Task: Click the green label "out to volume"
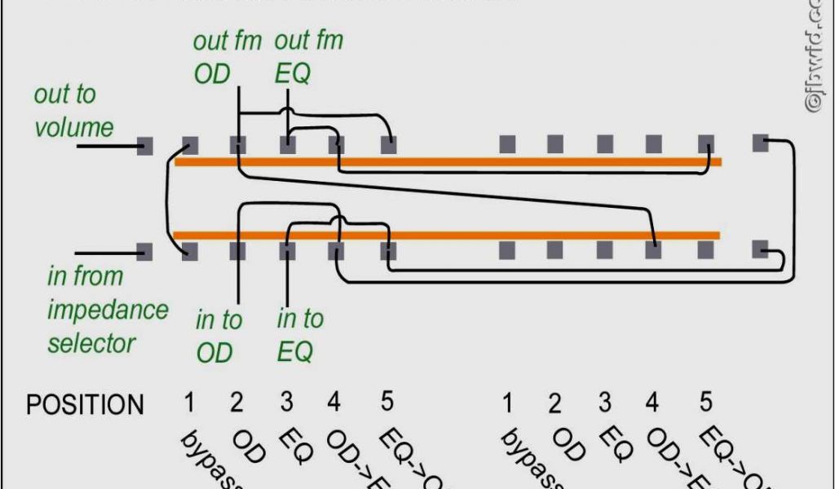coord(73,111)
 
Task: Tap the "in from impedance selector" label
coord(108,310)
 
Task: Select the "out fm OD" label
coord(227,57)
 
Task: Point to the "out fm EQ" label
coord(308,57)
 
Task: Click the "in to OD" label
coord(218,336)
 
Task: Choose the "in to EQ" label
coord(299,335)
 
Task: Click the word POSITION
coord(85,405)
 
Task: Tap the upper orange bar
coord(448,161)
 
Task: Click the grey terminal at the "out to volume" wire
coord(145,147)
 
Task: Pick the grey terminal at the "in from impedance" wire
coord(145,251)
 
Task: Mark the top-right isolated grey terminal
coord(760,143)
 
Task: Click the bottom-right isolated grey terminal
coord(760,249)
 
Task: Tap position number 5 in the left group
coord(387,401)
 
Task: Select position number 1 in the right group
coord(507,403)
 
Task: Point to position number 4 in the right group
coord(652,403)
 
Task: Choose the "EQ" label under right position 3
coord(618,447)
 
